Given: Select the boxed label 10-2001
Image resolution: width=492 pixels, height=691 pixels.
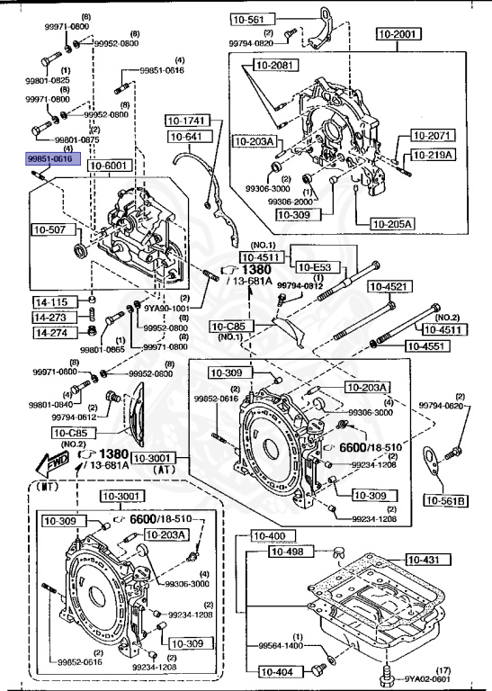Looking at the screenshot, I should click(398, 35).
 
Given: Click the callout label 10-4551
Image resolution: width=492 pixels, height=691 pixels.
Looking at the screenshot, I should click(425, 345).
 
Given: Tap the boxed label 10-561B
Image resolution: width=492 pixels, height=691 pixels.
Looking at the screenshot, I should click(445, 500).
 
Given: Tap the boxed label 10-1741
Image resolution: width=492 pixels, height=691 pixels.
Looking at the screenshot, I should click(185, 120).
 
